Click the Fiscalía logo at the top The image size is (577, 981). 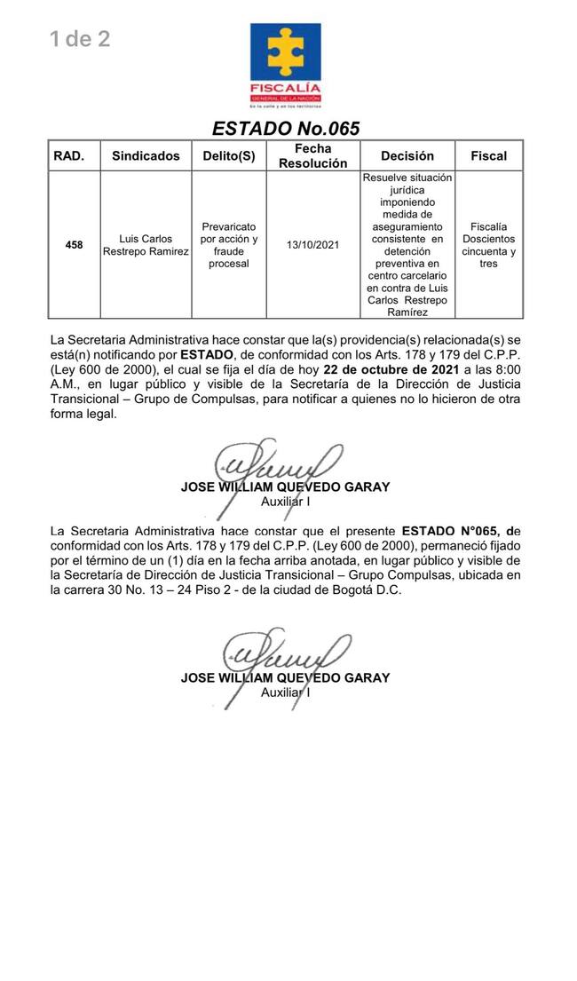point(285,64)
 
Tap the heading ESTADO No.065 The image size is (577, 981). point(285,129)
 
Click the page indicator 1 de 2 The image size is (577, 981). point(80,39)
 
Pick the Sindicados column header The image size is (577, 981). point(146,156)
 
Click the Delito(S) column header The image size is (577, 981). point(228,156)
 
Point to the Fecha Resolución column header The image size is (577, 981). point(312,156)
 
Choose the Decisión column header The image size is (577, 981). point(407,156)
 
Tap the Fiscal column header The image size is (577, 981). point(488,156)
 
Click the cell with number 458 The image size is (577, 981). point(74,245)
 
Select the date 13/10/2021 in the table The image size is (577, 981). point(312,244)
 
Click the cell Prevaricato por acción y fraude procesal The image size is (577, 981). point(228,245)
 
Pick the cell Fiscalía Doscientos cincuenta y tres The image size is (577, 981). point(488,245)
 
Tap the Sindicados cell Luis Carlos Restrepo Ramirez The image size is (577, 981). point(146,245)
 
